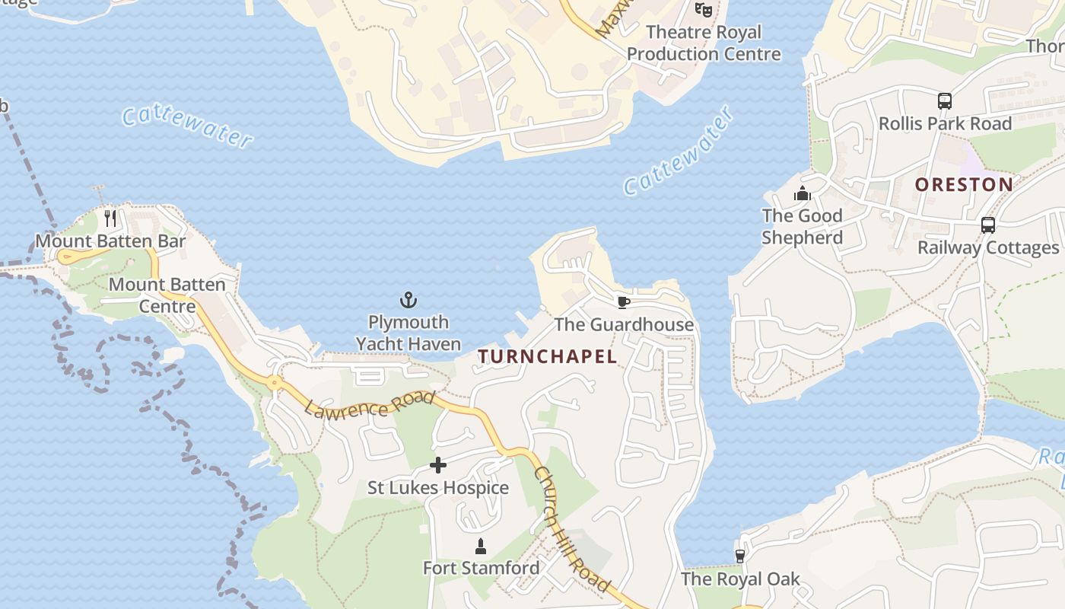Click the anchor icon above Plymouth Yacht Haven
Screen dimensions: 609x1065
[x=409, y=300]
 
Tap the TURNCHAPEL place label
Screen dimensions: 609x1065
[x=547, y=356]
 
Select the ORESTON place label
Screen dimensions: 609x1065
[x=964, y=184]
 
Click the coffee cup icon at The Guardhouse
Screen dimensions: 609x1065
[x=623, y=302]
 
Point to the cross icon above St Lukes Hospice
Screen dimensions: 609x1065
[x=438, y=464]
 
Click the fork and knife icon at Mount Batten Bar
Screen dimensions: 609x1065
[x=110, y=218]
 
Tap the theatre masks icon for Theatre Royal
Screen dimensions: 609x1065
[x=703, y=10]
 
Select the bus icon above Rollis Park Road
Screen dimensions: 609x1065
[x=945, y=100]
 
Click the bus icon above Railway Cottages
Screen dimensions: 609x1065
[x=987, y=225]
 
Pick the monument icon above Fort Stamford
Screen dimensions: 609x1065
[x=481, y=546]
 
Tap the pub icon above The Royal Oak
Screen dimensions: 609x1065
[x=739, y=556]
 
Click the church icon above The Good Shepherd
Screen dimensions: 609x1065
[x=802, y=194]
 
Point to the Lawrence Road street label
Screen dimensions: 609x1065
[x=370, y=403]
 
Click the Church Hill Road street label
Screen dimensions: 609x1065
[x=571, y=529]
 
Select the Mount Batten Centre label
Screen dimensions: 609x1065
[x=167, y=295]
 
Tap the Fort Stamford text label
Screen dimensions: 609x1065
[x=481, y=568]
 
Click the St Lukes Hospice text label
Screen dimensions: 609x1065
[x=438, y=488]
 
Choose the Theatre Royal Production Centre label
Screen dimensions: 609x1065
[x=704, y=43]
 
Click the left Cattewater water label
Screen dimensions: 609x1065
[x=187, y=126]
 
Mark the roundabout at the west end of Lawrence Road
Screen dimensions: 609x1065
[x=274, y=382]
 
